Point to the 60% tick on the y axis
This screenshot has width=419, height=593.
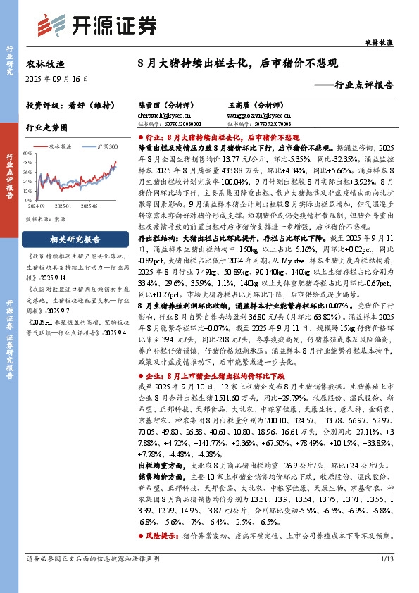30,152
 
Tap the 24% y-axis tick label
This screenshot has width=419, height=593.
30,169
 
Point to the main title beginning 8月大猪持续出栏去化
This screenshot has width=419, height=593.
238,63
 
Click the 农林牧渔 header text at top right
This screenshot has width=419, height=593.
379,43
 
